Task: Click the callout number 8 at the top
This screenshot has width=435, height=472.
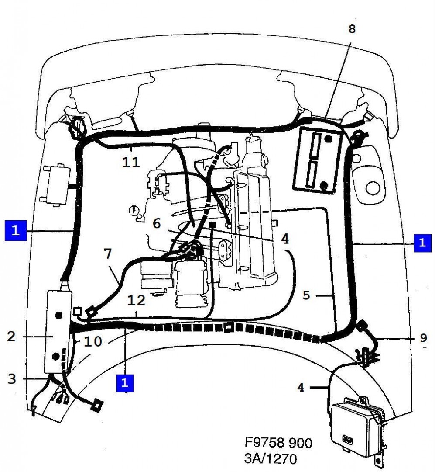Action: pyautogui.click(x=352, y=29)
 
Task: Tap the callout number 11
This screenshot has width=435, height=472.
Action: pyautogui.click(x=131, y=163)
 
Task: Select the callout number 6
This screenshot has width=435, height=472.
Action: pyautogui.click(x=157, y=224)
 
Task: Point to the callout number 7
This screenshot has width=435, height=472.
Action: pyautogui.click(x=108, y=253)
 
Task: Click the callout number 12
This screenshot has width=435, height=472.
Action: pyautogui.click(x=137, y=300)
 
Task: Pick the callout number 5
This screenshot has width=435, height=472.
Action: pyautogui.click(x=306, y=295)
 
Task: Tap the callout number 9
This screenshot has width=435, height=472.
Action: pyautogui.click(x=423, y=338)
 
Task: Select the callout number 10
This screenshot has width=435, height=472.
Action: pyautogui.click(x=93, y=342)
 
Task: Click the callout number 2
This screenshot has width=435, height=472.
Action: pyautogui.click(x=11, y=336)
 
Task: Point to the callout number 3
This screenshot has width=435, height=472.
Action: pyautogui.click(x=11, y=378)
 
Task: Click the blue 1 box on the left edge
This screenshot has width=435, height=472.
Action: pyautogui.click(x=16, y=231)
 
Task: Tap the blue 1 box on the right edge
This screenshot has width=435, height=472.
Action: pyautogui.click(x=422, y=242)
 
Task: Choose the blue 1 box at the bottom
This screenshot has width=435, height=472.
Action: pyautogui.click(x=125, y=383)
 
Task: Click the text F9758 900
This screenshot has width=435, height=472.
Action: pyautogui.click(x=278, y=443)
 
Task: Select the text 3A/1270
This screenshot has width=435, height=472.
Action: pyautogui.click(x=270, y=459)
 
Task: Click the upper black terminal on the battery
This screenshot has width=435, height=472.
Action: pyautogui.click(x=328, y=139)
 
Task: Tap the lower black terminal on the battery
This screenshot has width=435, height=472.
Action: pyautogui.click(x=324, y=185)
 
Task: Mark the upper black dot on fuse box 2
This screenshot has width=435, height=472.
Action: pyautogui.click(x=58, y=315)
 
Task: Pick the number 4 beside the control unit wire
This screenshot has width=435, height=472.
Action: pyautogui.click(x=301, y=387)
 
